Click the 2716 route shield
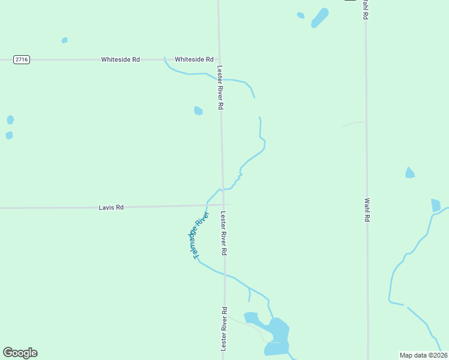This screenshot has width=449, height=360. tap(22, 59)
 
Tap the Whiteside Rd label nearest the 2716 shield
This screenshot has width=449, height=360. tap(120, 59)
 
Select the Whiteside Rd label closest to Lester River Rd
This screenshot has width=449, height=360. tap(194, 59)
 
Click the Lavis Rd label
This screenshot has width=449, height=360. tap(111, 207)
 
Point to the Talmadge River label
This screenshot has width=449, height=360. tap(197, 235)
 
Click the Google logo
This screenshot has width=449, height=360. tap(20, 353)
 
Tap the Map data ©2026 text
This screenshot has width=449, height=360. tap(423, 355)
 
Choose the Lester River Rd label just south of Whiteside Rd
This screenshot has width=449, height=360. tap(221, 87)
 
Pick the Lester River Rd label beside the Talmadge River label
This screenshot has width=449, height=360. tap(223, 233)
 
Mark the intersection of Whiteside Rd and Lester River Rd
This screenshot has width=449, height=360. tap(219, 59)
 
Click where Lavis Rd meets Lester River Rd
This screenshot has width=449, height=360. tap(223, 205)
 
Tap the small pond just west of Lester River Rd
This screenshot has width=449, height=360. tap(198, 110)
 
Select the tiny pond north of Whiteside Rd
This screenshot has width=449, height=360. tap(64, 40)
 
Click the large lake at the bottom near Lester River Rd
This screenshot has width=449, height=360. tap(277, 337)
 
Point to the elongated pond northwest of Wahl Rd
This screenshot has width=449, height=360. tap(320, 17)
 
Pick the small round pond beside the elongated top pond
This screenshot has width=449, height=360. tap(301, 15)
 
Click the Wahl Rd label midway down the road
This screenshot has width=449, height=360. tap(366, 210)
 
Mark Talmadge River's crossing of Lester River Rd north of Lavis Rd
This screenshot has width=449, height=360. tap(222, 190)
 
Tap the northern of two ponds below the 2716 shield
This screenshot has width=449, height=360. tap(10, 119)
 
